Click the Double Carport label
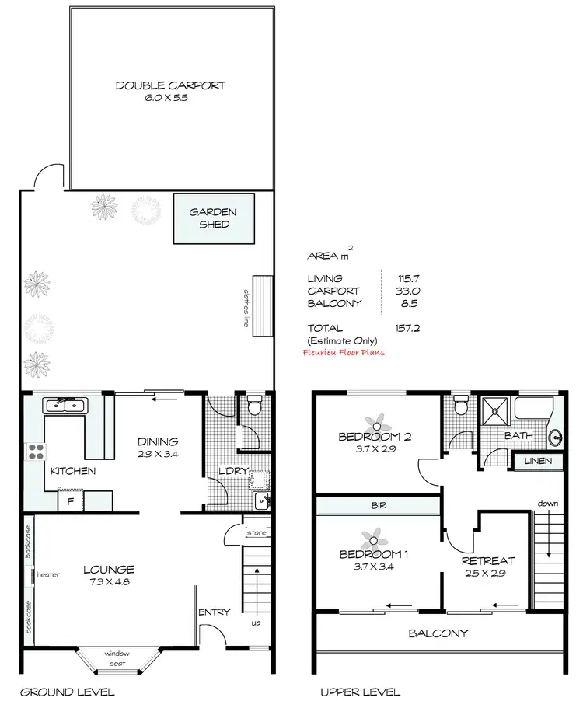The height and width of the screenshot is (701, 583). point(170,85)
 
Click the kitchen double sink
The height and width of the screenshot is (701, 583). point(66,405)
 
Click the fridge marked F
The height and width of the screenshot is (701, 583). point(71,502)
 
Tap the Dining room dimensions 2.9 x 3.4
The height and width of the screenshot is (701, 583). point(159,455)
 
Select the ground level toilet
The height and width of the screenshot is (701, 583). point(253,407)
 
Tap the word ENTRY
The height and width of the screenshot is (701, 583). point(214,612)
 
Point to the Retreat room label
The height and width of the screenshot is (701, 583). point(487,560)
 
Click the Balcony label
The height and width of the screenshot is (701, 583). point(438,633)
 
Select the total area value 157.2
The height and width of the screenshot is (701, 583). point(407,328)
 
